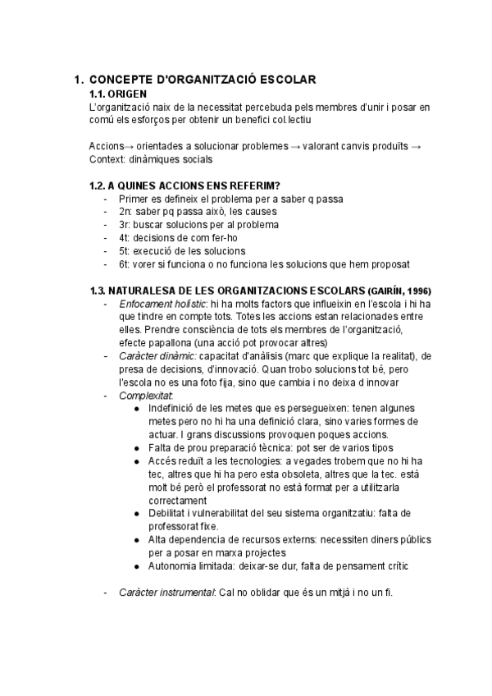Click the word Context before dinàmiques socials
107,159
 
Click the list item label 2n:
126,211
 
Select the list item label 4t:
125,237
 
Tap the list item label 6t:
125,263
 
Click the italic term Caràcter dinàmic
156,355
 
